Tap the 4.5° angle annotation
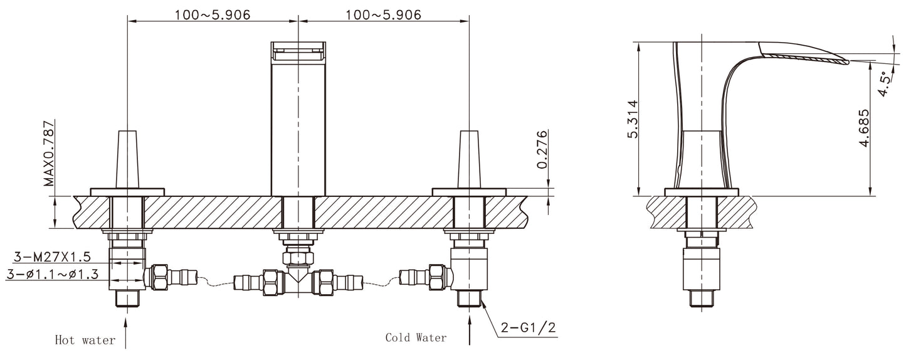[884, 82]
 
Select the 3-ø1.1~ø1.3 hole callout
[53, 274]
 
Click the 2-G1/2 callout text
[528, 327]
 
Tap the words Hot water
[85, 341]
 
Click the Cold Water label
[416, 338]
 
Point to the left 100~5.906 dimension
[213, 14]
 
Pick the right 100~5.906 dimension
[384, 14]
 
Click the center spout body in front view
[298, 125]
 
